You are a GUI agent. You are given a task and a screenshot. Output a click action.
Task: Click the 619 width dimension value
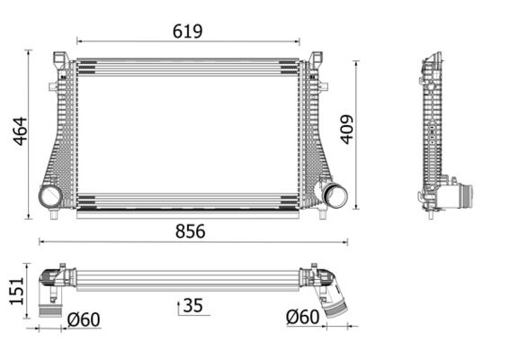(188, 31)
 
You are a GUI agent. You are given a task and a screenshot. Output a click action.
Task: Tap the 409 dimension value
(346, 130)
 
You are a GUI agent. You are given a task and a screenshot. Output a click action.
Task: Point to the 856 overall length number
(190, 231)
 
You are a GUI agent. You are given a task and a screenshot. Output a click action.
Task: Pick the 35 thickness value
(192, 306)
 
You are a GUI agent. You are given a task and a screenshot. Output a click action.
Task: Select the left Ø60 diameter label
(84, 318)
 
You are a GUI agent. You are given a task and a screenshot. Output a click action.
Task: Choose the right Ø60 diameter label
(302, 318)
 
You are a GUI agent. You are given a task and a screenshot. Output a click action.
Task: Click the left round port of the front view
(50, 196)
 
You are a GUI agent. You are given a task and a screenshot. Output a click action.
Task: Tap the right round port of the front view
(336, 193)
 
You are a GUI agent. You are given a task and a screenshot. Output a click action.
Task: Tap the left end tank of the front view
(61, 135)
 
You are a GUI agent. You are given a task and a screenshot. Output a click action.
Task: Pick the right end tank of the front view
(315, 135)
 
